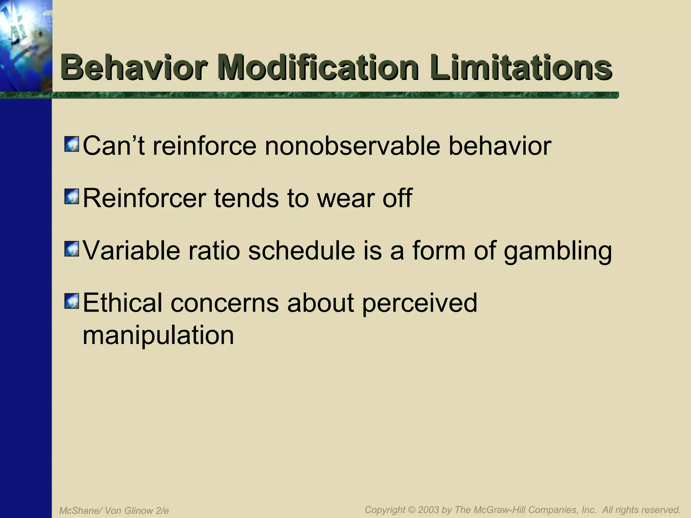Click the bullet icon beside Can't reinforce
point(71,144)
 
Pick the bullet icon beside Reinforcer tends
point(71,197)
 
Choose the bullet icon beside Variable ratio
point(71,249)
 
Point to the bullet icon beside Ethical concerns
point(71,301)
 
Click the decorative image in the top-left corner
point(26,46)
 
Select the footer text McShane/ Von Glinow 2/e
point(114,511)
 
